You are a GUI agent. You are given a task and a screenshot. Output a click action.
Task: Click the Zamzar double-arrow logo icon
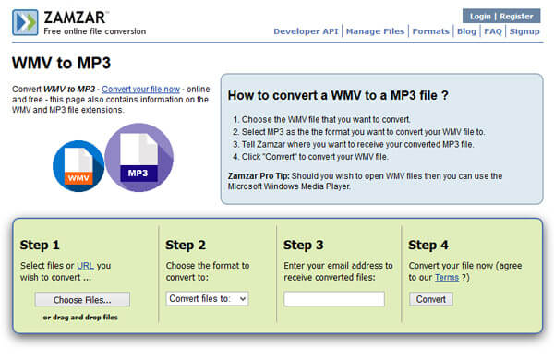pos(25,22)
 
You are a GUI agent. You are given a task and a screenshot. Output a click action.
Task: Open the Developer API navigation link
pos(306,31)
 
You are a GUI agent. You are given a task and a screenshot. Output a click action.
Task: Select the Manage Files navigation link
pos(375,31)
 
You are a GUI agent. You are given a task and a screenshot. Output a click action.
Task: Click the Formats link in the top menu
pos(430,31)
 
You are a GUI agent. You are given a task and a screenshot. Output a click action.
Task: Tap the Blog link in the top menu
pos(466,31)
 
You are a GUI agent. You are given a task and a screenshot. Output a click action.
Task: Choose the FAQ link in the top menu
pos(493,31)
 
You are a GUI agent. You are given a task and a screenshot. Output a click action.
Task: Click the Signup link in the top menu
pos(524,31)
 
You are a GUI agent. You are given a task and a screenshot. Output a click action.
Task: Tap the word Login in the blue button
pos(480,17)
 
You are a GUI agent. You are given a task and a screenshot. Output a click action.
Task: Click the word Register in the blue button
pos(516,17)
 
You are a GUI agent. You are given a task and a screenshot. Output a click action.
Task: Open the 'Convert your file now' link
pos(140,89)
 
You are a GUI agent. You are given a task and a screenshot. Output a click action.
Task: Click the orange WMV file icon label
pos(78,178)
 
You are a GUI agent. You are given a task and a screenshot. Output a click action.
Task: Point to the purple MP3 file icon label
pos(138,174)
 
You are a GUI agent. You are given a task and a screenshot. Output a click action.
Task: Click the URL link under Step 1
pos(85,265)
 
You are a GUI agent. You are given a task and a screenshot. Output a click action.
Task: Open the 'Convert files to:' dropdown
pos(208,298)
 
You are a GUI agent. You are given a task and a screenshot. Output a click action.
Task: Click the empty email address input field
pos(334,299)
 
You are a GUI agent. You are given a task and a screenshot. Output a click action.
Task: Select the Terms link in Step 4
pos(447,277)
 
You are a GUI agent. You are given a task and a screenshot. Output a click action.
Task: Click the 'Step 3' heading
pos(303,245)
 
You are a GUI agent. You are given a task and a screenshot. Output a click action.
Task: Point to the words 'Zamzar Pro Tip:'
pos(259,176)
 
